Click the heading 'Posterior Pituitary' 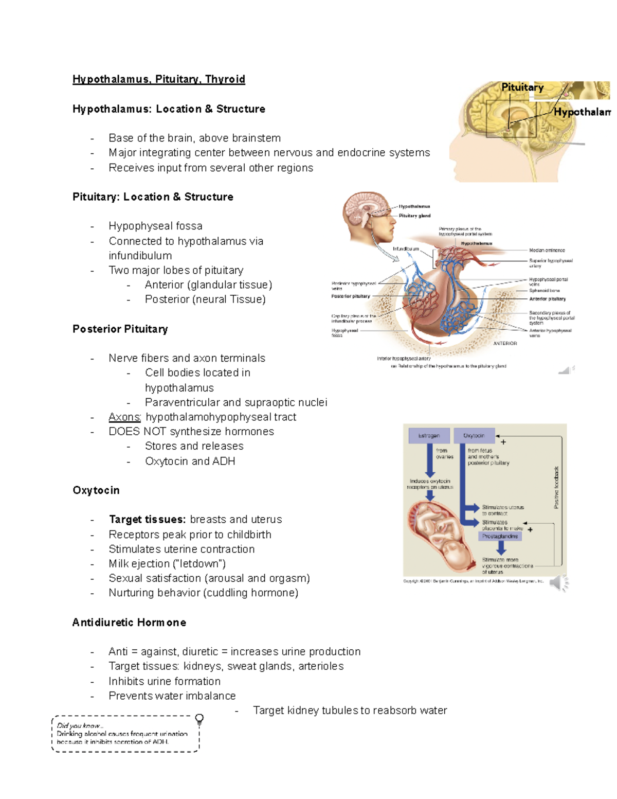pos(120,329)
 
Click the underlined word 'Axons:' pos(124,417)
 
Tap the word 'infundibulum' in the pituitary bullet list pos(140,256)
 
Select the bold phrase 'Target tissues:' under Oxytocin pos(147,519)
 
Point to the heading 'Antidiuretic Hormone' pos(129,623)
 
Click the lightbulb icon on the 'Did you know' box pos(199,719)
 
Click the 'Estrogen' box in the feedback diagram pos(429,436)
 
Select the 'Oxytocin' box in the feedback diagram pos(474,436)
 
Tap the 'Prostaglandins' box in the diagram pos(500,536)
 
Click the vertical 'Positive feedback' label pos(556,487)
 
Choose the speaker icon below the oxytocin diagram pos(558,583)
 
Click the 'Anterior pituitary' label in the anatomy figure pos(547,299)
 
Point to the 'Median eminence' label pos(547,251)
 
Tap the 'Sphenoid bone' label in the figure pos(544,291)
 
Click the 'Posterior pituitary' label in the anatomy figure pos(350,296)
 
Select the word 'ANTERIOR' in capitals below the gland pos(505,343)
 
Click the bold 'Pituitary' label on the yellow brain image pos(522,87)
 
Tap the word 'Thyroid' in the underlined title pos(225,79)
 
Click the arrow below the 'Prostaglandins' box pos(500,548)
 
